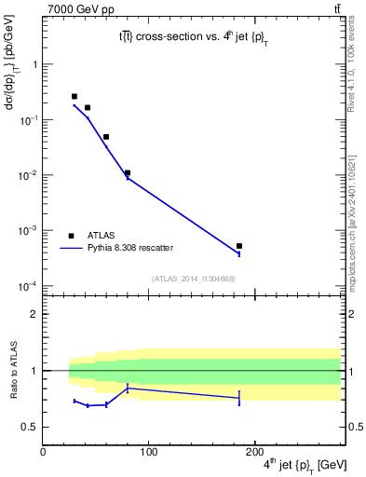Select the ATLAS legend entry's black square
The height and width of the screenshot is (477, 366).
click(x=71, y=236)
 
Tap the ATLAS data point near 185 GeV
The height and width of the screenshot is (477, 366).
click(x=239, y=246)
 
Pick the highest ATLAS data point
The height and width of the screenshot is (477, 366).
click(x=75, y=96)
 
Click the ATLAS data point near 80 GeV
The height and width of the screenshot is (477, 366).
click(x=128, y=172)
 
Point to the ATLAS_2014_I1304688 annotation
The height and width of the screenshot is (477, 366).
click(x=193, y=279)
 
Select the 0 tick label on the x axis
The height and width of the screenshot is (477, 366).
click(x=43, y=454)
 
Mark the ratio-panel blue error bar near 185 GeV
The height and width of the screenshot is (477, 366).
click(x=239, y=398)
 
